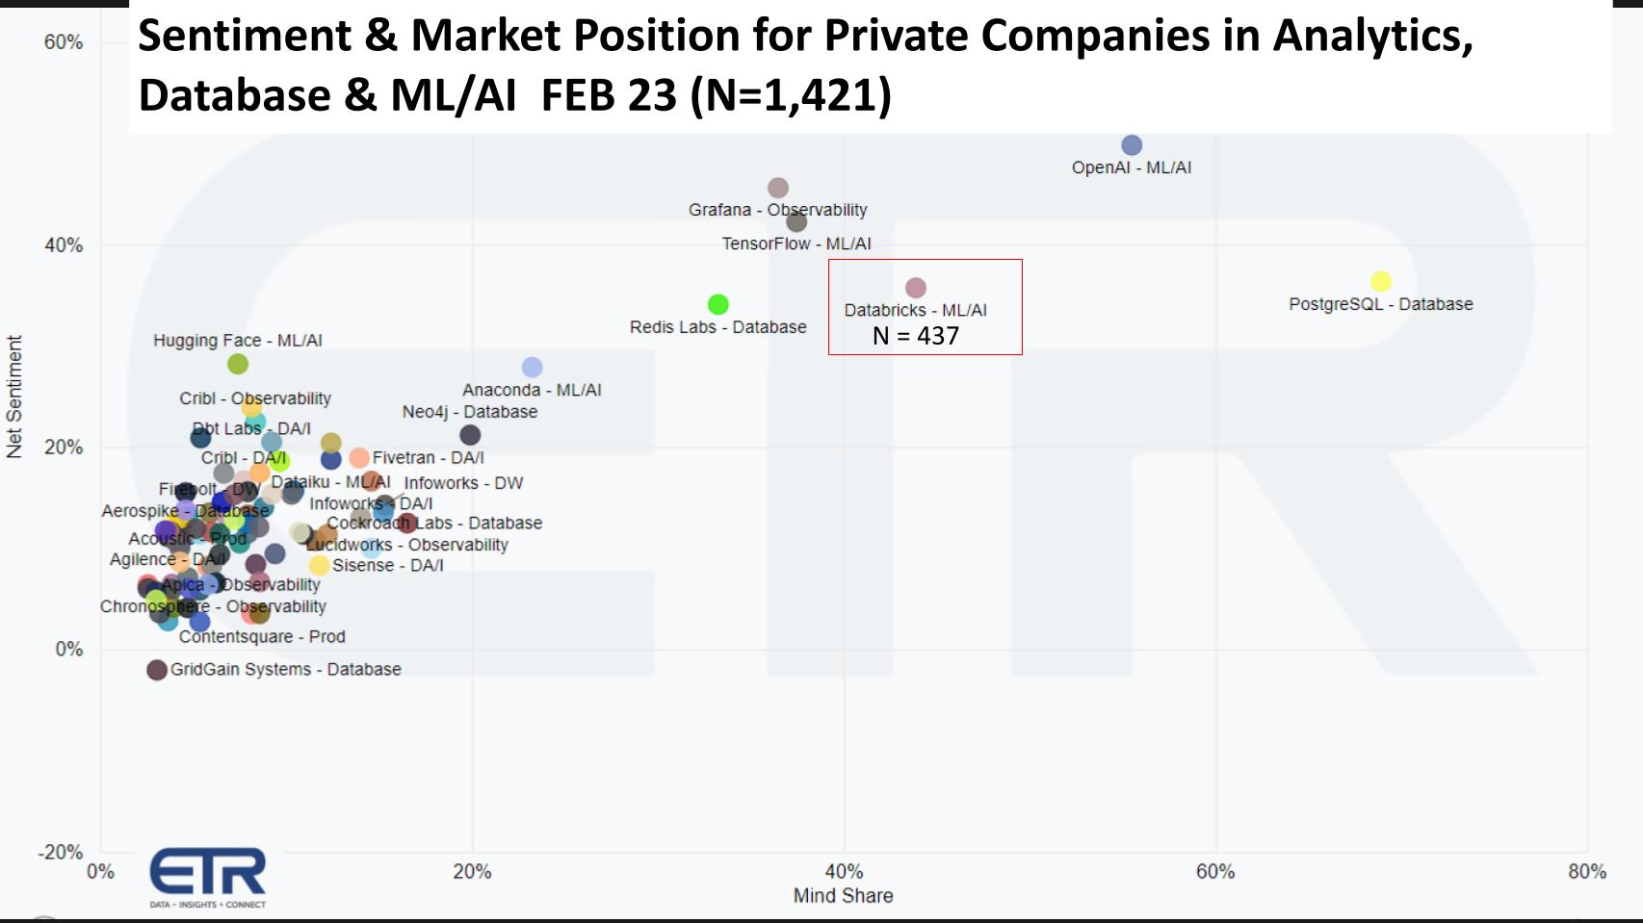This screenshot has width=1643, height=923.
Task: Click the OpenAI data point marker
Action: (1132, 145)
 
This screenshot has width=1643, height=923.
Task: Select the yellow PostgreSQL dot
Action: (1381, 281)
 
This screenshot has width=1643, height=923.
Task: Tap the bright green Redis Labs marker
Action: (717, 304)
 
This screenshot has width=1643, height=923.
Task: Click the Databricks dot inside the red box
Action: (916, 288)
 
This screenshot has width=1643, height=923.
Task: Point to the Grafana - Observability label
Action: (777, 210)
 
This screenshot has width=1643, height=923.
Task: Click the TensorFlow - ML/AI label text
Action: (796, 244)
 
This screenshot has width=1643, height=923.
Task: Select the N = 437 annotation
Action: (915, 336)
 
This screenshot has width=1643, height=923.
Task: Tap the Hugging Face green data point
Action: (238, 364)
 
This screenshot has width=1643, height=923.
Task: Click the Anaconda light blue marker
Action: (532, 368)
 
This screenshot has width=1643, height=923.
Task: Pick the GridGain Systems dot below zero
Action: (157, 670)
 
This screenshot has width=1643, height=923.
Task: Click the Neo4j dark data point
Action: (470, 435)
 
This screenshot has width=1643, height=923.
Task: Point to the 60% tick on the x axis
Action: (1215, 871)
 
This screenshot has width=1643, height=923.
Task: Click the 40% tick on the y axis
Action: (64, 245)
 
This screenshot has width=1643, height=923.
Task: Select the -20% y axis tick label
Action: (60, 852)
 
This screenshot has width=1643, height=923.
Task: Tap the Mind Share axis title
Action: (843, 896)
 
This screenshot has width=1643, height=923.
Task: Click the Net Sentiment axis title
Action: (14, 397)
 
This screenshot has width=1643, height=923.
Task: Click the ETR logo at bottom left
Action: (208, 877)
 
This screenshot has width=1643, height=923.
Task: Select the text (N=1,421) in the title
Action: (791, 95)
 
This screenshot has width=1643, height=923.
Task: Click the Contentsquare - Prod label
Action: (262, 636)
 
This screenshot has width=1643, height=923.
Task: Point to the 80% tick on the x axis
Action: (1586, 871)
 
